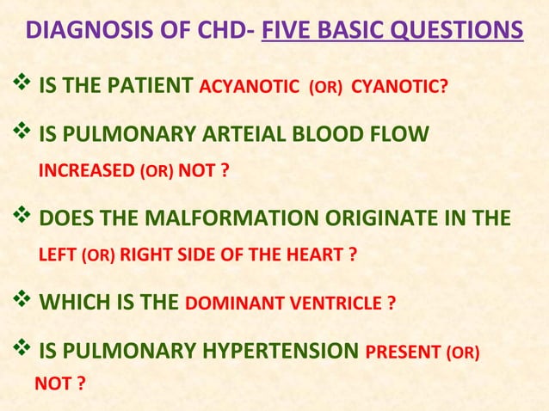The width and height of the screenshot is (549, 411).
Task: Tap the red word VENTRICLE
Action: click(332, 304)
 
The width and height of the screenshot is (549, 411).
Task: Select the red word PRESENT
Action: click(402, 352)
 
